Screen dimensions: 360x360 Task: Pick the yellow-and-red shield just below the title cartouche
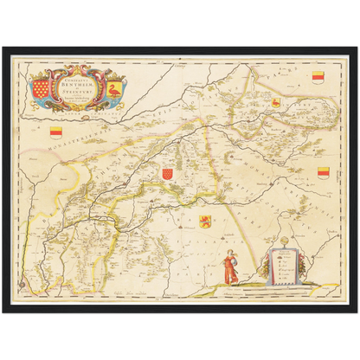pos(58,132)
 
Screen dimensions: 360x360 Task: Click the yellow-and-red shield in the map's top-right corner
pos(318,76)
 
